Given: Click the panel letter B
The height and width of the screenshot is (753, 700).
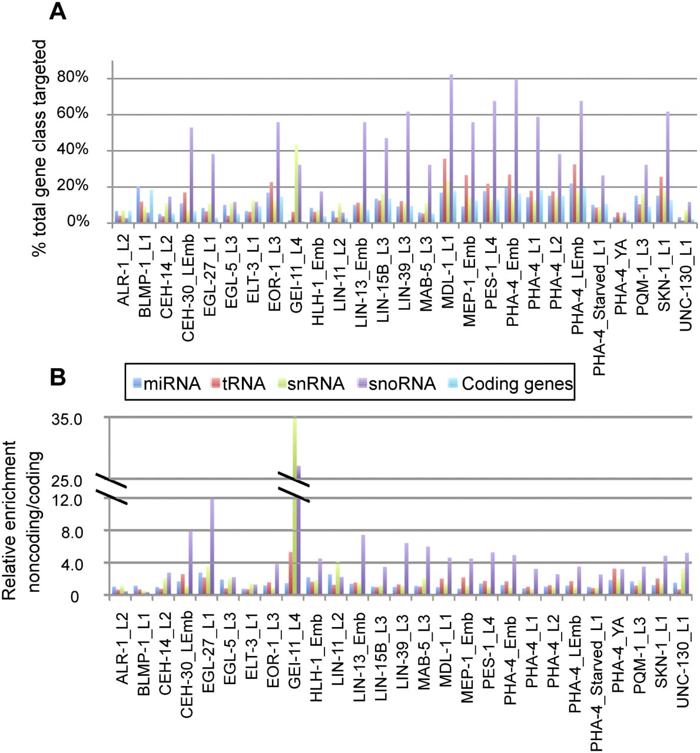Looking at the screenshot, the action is (58, 377).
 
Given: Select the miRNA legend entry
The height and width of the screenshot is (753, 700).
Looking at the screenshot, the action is (167, 384).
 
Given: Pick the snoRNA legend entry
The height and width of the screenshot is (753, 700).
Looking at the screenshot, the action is (396, 384).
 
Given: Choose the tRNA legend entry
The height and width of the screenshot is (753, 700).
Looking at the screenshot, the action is (238, 384).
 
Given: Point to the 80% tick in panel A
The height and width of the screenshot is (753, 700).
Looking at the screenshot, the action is (72, 77).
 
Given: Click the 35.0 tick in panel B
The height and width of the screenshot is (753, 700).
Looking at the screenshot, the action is (67, 419).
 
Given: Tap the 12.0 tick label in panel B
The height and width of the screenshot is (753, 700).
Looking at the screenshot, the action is (67, 500).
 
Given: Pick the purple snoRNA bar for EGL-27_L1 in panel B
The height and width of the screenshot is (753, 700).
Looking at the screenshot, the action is (212, 547).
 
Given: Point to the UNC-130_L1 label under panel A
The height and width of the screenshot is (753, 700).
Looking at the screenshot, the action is (686, 283).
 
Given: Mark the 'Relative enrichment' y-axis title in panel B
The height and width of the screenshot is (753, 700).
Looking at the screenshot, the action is (8, 520).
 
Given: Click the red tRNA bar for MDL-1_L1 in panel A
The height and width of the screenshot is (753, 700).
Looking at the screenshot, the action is (444, 191).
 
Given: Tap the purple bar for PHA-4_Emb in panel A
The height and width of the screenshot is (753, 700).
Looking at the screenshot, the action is (516, 152).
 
